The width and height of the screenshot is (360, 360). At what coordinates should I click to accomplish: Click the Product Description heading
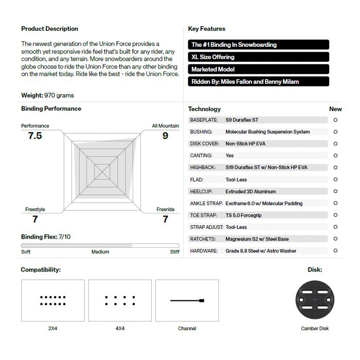(49, 29)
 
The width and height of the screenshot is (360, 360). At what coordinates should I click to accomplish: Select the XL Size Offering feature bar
(258, 57)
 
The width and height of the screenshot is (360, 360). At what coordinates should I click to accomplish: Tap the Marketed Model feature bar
(258, 69)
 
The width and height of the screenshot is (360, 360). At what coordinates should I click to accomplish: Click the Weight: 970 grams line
(47, 95)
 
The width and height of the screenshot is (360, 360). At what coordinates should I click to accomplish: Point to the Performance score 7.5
(35, 136)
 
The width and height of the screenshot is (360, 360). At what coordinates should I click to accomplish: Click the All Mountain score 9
(165, 136)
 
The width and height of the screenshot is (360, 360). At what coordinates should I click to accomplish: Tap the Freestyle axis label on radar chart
(35, 209)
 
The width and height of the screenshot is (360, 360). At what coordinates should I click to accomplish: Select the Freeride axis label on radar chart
(165, 209)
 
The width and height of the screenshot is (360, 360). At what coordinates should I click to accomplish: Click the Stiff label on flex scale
(175, 252)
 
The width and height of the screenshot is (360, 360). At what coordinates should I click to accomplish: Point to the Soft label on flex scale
(26, 252)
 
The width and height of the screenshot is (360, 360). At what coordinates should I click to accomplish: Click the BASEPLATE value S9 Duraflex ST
(242, 120)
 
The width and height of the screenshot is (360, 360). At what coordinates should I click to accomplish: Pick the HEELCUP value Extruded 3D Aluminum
(250, 191)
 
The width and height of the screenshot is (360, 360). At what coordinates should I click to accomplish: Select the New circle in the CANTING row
(335, 155)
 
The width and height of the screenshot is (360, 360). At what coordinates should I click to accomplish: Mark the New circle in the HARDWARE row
(335, 251)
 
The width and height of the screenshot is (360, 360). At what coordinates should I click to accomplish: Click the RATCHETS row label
(203, 239)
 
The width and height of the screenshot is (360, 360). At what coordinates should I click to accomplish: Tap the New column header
(335, 109)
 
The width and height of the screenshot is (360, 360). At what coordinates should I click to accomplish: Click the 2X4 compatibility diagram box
(52, 300)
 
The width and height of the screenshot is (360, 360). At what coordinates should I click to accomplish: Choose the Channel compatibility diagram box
(187, 300)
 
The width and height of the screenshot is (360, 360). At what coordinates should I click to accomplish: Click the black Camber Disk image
(315, 300)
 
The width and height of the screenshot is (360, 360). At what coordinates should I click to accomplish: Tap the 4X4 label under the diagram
(120, 329)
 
